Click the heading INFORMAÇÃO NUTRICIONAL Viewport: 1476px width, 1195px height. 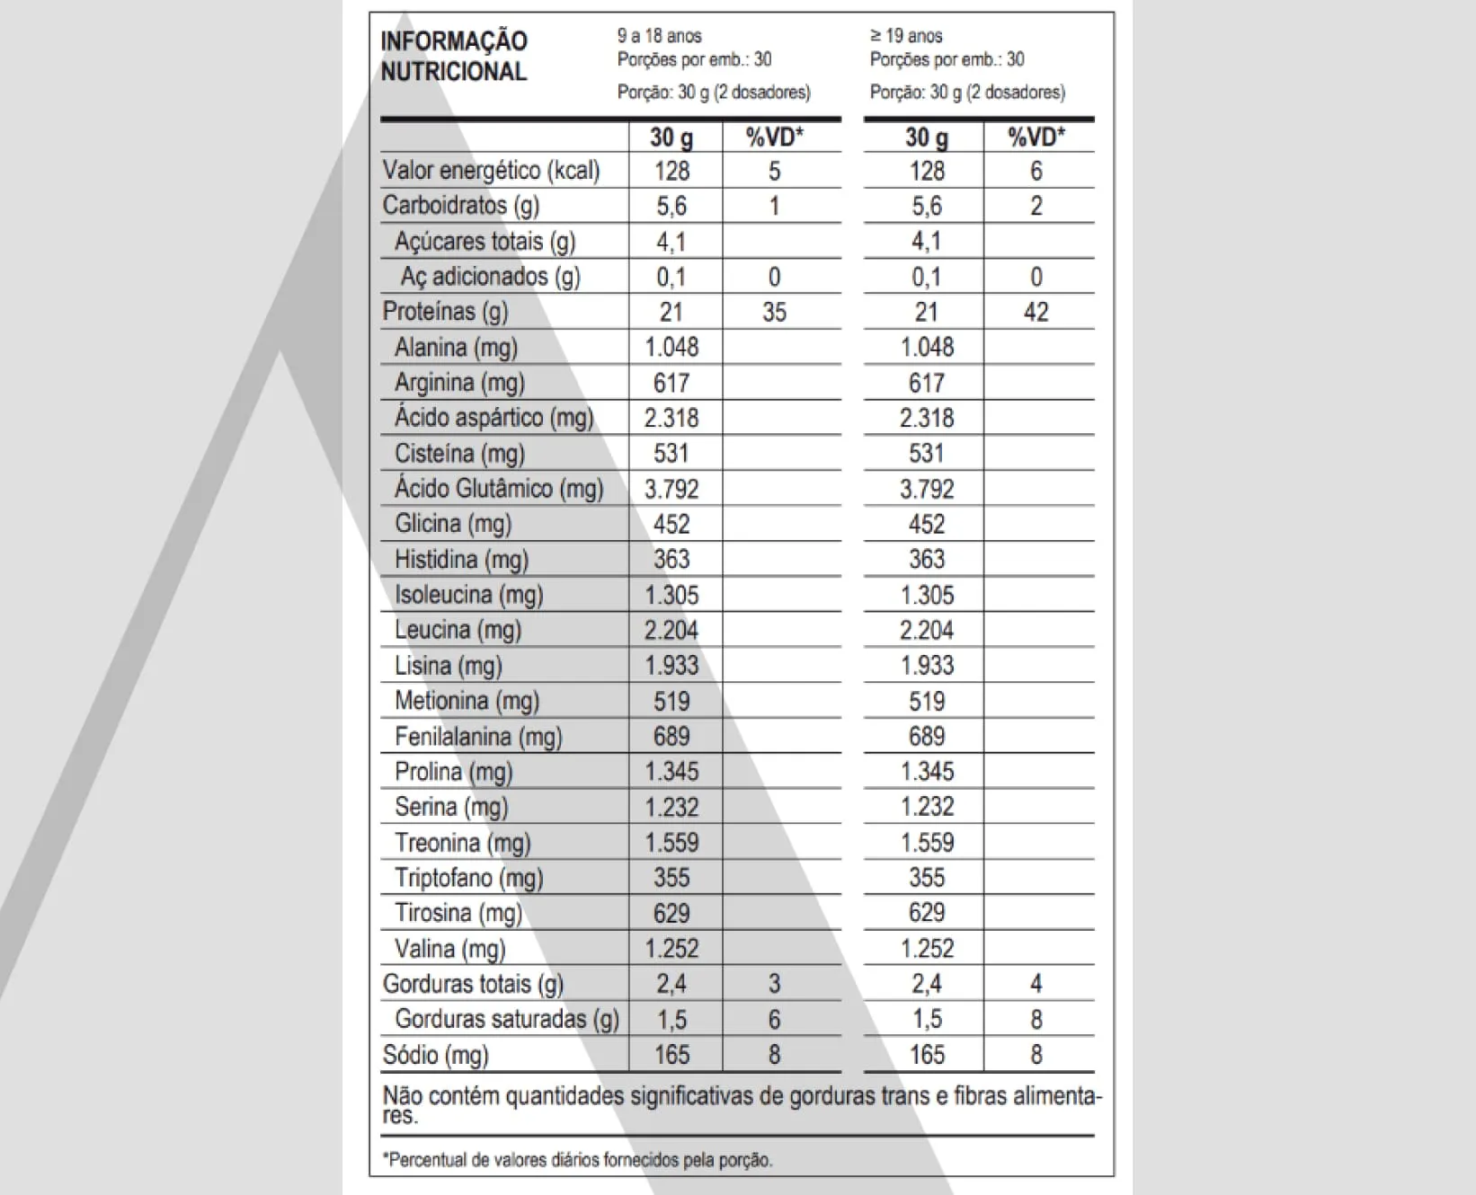[x=453, y=56]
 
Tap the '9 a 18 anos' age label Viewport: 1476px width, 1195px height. [x=659, y=36]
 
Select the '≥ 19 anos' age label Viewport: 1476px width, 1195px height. [x=906, y=36]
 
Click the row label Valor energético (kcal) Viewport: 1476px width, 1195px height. [x=491, y=170]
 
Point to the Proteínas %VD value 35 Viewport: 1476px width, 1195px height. [x=774, y=312]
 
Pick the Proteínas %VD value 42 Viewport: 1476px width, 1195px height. [x=1036, y=312]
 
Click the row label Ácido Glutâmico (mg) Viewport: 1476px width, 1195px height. [x=499, y=489]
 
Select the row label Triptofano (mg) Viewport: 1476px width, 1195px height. [x=469, y=878]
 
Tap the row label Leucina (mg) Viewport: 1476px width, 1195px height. [x=458, y=630]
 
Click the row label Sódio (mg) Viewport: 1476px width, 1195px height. [x=436, y=1055]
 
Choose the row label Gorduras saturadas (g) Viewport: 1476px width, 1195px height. [x=507, y=1019]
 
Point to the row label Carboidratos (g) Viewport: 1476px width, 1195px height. [x=461, y=206]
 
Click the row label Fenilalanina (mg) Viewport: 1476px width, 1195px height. [x=478, y=737]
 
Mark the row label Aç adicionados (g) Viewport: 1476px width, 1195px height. [x=491, y=277]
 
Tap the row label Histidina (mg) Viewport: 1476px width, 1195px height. [x=461, y=560]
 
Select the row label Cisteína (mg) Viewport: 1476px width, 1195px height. [x=459, y=454]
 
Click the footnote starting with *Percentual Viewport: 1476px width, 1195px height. [x=578, y=1160]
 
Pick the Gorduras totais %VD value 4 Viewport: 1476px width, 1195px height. [x=1036, y=984]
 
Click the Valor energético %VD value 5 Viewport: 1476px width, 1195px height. [x=774, y=171]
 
